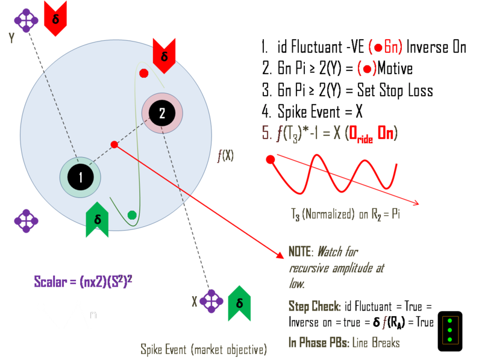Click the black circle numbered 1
click(80, 177)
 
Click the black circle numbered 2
click(162, 113)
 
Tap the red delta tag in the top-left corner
click(55, 18)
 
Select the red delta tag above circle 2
click(164, 55)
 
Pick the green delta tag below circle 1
click(98, 220)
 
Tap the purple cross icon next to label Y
click(26, 20)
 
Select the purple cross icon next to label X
click(211, 301)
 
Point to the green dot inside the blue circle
click(132, 215)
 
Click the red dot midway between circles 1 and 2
click(114, 144)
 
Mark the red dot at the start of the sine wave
click(271, 160)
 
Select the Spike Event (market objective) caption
click(204, 349)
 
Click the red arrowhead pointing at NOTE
click(281, 256)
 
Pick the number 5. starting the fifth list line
click(267, 133)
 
